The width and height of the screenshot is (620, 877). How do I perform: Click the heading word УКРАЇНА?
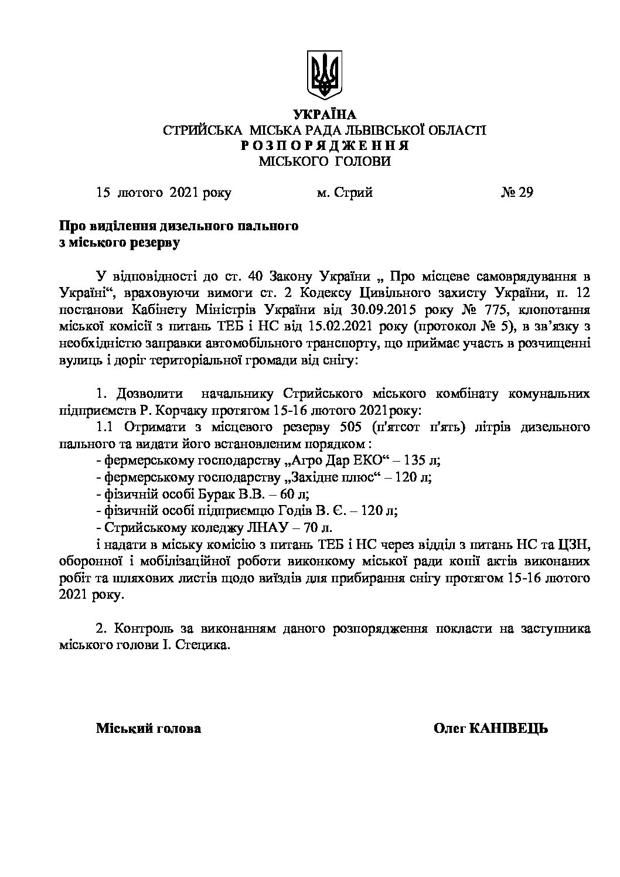pos(324,114)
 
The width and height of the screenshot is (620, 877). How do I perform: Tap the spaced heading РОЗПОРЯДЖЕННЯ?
pos(324,145)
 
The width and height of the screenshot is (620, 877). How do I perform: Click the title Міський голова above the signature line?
pos(148,728)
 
